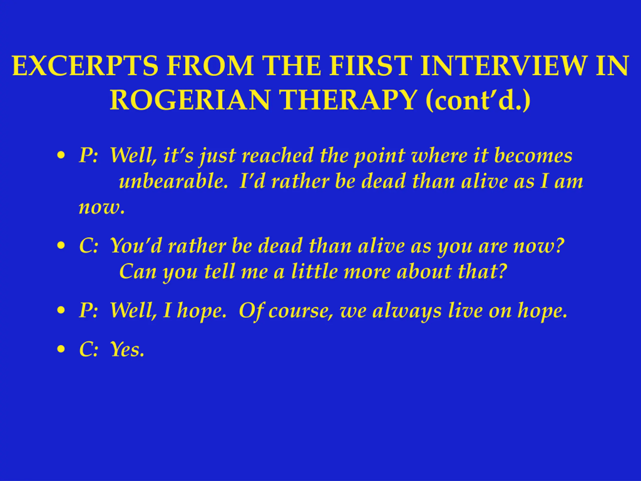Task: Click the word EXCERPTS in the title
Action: (x=85, y=66)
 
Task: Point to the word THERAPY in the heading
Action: (x=348, y=100)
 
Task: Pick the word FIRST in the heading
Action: (x=371, y=66)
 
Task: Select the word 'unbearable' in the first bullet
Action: (x=173, y=181)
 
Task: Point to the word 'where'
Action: (x=439, y=156)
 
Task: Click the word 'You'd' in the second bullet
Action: (x=136, y=246)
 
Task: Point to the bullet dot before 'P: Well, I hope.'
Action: (x=61, y=310)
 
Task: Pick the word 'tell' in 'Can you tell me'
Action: (x=219, y=271)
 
